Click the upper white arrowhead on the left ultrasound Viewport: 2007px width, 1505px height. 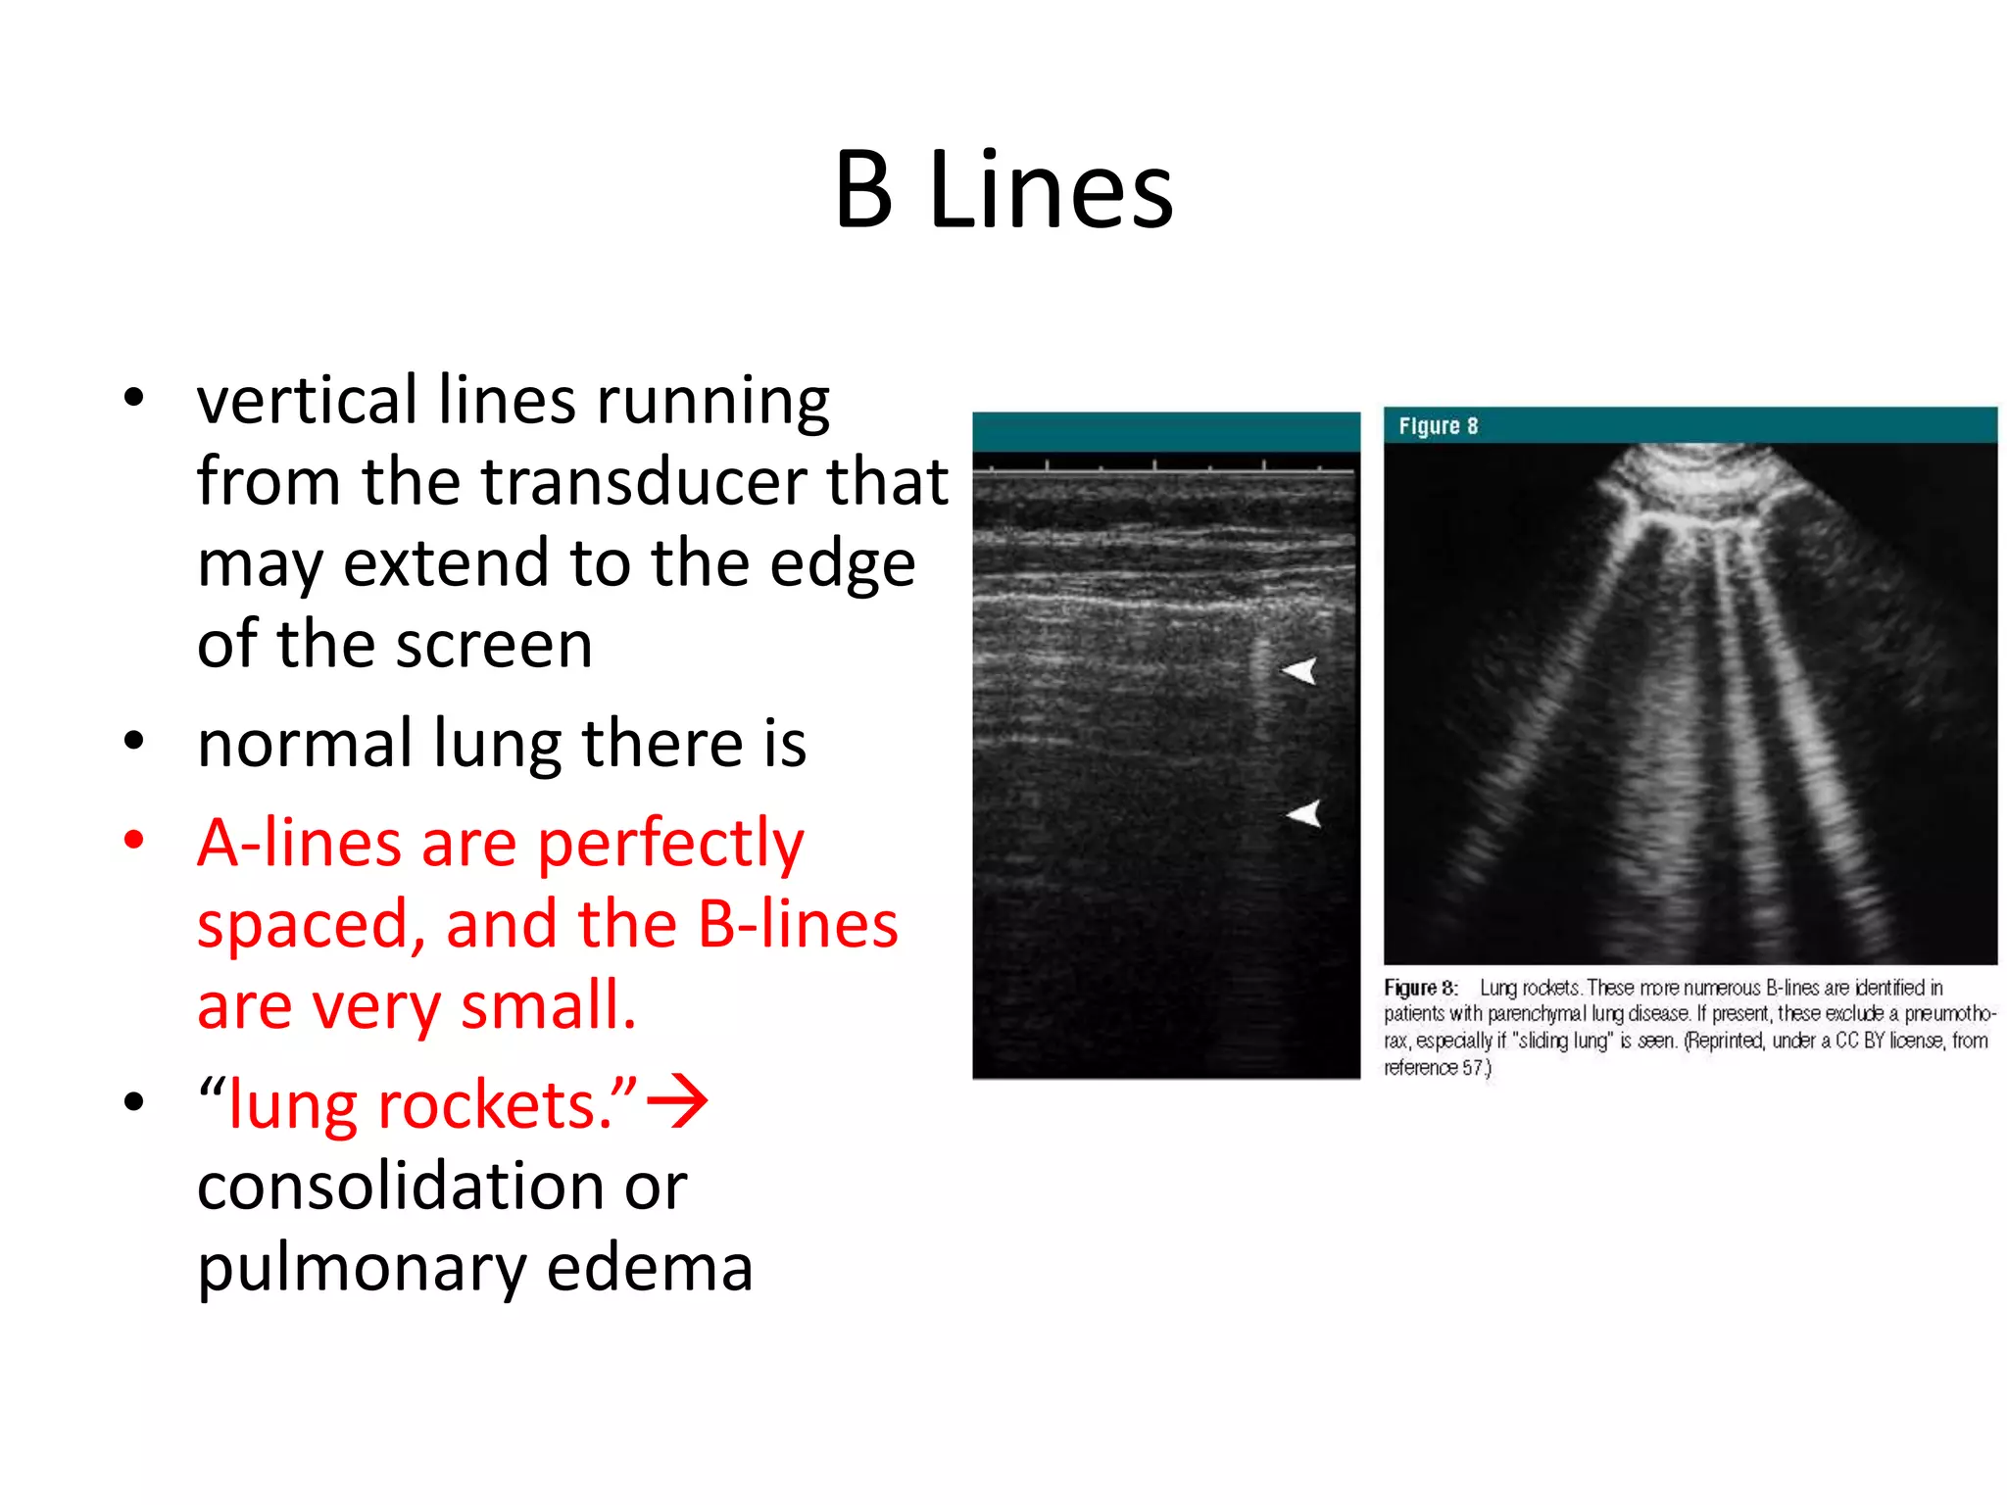[1299, 671]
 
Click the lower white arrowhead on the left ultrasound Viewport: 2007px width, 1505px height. [1304, 813]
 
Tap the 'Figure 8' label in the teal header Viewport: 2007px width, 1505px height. [1438, 426]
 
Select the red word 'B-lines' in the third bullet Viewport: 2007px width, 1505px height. [798, 924]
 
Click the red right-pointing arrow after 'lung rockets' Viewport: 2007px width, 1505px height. [678, 1102]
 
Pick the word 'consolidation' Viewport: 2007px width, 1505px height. [442, 1187]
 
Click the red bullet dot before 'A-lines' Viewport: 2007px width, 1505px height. [134, 840]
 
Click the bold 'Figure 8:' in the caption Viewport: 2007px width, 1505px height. [1420, 988]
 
